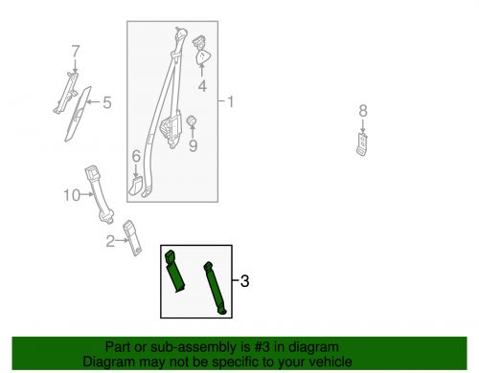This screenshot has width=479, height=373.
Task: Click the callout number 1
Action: [228, 100]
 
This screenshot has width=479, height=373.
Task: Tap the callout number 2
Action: [111, 241]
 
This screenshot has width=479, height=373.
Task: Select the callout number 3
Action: [244, 281]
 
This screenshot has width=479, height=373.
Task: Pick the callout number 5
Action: [107, 101]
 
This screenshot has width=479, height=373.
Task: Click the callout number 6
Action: [136, 155]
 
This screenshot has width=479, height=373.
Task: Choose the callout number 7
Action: [75, 50]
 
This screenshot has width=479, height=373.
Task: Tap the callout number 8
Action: [362, 111]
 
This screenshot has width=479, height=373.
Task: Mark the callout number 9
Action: [192, 146]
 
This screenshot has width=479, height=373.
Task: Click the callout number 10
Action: [70, 196]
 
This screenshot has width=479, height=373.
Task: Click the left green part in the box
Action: [177, 272]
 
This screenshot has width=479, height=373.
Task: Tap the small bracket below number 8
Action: [362, 143]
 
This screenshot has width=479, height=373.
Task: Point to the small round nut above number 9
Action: [191, 121]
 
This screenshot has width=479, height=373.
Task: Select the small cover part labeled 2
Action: [135, 238]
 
